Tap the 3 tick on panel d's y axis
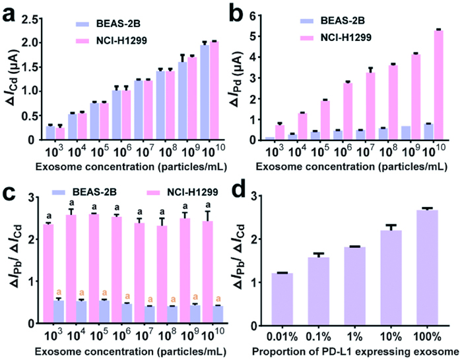pyautogui.click(x=262, y=196)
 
